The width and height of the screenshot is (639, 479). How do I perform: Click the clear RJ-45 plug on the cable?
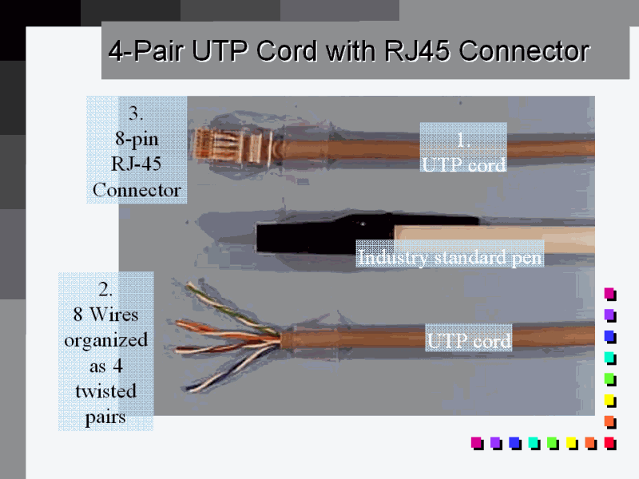pos(224,144)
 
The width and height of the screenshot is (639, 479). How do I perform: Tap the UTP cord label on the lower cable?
pos(468,342)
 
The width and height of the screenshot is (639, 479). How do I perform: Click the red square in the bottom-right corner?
pos(609,441)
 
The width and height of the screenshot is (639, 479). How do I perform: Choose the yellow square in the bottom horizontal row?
pos(572,441)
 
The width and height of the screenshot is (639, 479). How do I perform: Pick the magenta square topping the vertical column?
pos(609,293)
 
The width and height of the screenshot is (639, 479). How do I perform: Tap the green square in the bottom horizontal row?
pos(553,441)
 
